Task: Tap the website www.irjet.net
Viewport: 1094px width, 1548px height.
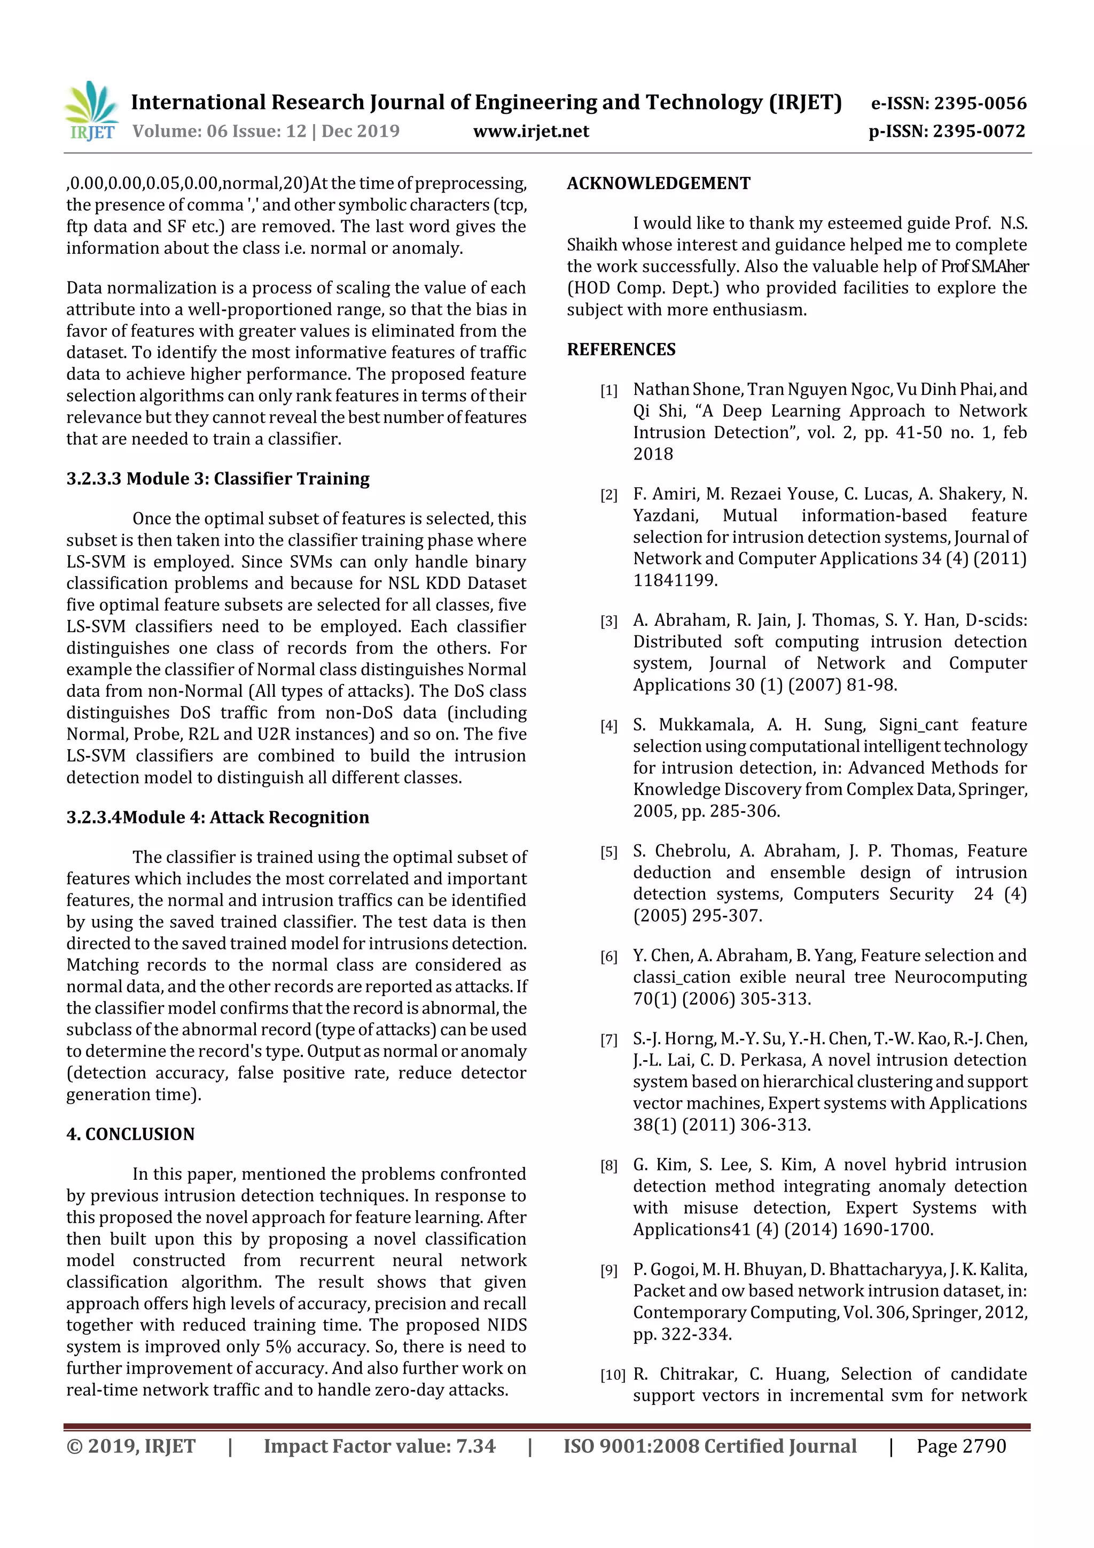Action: tap(530, 131)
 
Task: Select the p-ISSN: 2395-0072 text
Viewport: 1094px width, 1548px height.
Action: tap(947, 131)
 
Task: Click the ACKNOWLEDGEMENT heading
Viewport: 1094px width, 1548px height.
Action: tap(658, 183)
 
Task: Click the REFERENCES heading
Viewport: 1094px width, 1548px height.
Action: tap(621, 349)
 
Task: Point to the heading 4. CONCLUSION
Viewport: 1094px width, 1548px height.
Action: tap(130, 1134)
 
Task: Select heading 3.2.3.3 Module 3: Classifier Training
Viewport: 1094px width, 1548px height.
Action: tap(218, 479)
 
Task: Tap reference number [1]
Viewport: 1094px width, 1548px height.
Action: tap(608, 391)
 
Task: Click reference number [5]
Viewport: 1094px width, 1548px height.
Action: tap(608, 852)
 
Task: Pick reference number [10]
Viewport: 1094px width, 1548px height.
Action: tap(612, 1375)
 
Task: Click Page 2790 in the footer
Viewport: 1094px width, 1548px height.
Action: tap(960, 1446)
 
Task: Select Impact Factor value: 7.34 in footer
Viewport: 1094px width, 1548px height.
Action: tap(379, 1446)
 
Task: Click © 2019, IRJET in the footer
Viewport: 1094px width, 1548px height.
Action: tap(131, 1446)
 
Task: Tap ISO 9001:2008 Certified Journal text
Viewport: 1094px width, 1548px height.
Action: tap(710, 1446)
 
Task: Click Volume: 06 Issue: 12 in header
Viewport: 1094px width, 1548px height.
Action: tap(219, 131)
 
